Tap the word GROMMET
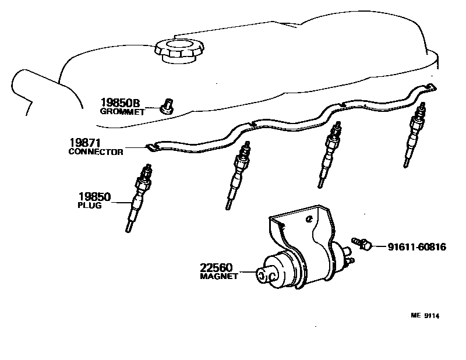(122, 112)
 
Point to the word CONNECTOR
(96, 152)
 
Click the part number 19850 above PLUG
(95, 197)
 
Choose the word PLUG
(89, 206)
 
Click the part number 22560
(217, 268)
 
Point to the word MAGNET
(219, 277)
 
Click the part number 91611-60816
(417, 247)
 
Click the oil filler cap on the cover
(179, 51)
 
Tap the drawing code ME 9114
(425, 316)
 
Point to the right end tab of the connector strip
(430, 87)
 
